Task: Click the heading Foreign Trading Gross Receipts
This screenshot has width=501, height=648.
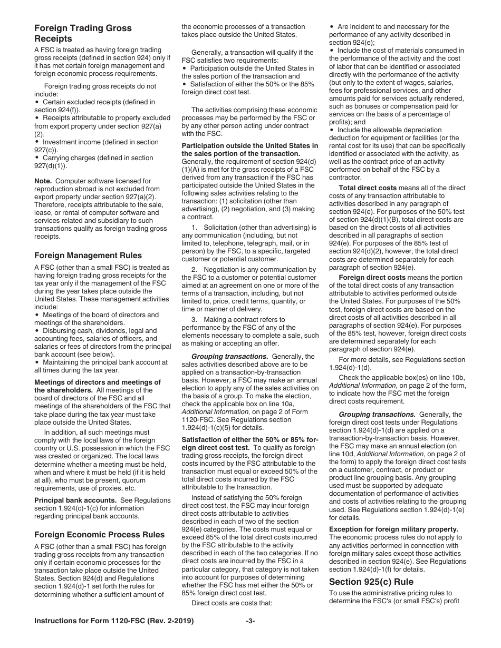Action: point(83,33)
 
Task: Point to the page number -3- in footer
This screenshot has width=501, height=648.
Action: point(250,621)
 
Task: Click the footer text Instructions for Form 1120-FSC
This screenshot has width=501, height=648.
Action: point(113,621)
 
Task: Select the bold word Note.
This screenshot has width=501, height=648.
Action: point(43,181)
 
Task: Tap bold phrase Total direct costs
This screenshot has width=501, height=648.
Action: point(368,188)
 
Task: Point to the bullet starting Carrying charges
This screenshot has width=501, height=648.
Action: point(98,158)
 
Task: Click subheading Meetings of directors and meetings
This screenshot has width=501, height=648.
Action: point(98,382)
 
